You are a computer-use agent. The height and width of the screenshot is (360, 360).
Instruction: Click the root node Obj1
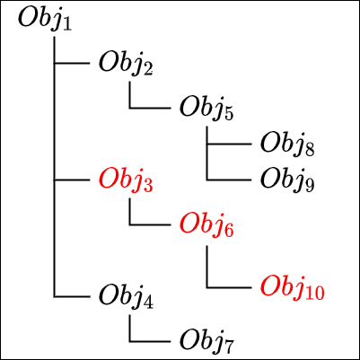click(45, 20)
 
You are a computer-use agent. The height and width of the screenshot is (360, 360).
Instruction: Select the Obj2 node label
click(126, 64)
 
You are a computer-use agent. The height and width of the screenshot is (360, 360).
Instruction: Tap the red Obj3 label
click(126, 180)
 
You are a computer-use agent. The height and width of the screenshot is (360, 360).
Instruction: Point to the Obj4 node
click(126, 297)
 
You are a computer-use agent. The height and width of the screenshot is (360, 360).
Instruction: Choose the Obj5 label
click(206, 109)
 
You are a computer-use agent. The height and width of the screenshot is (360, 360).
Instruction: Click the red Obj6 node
click(206, 225)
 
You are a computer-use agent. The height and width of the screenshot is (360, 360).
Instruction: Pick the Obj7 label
click(206, 342)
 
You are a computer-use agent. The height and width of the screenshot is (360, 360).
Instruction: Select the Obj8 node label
click(287, 145)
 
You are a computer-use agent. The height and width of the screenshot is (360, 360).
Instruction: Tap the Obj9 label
click(287, 180)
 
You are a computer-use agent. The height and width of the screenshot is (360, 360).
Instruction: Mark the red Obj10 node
click(293, 288)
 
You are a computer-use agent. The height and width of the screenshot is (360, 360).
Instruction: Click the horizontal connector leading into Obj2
click(72, 64)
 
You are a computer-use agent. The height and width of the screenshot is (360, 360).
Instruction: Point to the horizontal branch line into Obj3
click(72, 180)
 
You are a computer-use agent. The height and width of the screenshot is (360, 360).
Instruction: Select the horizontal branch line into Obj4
click(72, 297)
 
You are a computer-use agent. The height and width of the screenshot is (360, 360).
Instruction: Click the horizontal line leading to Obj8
click(229, 145)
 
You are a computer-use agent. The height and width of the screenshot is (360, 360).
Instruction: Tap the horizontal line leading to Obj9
click(229, 180)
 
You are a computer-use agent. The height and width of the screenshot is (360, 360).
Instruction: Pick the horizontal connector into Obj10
click(229, 288)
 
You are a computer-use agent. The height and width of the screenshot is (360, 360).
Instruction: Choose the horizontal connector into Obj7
click(150, 341)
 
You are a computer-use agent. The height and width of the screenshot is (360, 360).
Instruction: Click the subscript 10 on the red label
click(314, 293)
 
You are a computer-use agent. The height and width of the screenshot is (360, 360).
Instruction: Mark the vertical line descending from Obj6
click(207, 267)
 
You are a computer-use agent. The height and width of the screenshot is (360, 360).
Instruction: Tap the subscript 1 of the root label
click(67, 24)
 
